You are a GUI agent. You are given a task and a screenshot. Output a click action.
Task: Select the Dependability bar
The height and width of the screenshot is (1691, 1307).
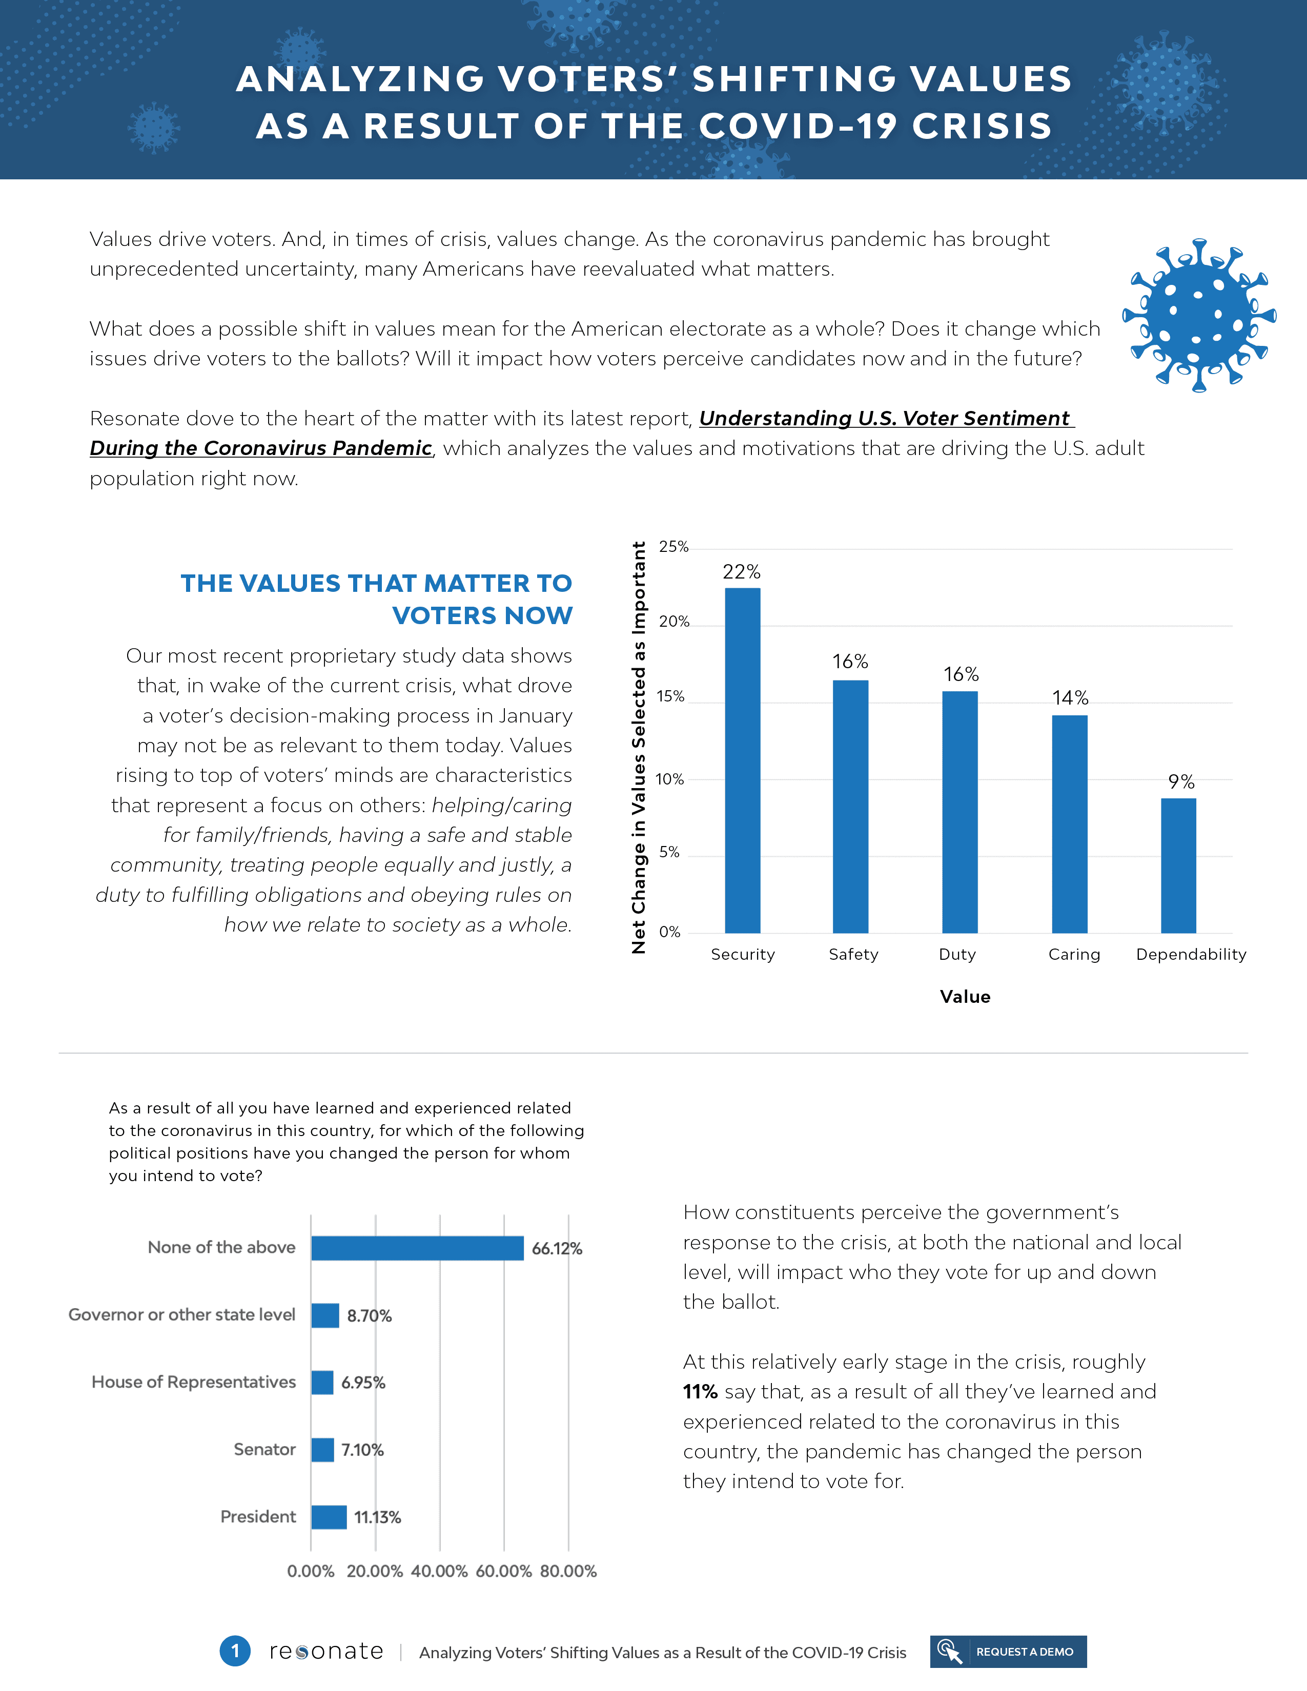(x=1178, y=865)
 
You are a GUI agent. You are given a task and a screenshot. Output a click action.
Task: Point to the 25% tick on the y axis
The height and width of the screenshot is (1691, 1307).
(x=673, y=547)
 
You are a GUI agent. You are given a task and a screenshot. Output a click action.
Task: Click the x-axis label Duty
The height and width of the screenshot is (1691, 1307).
(x=957, y=954)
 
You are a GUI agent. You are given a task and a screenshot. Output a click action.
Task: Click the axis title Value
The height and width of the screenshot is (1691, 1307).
(x=965, y=997)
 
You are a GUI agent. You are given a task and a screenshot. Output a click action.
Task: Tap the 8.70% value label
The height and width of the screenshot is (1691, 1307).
(x=369, y=1315)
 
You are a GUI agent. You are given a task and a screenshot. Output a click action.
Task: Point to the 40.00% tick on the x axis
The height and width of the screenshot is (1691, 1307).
(x=439, y=1571)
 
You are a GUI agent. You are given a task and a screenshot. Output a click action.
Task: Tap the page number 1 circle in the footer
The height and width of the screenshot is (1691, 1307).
(x=235, y=1651)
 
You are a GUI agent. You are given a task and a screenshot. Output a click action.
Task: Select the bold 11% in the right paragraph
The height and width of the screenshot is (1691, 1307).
(x=700, y=1391)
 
